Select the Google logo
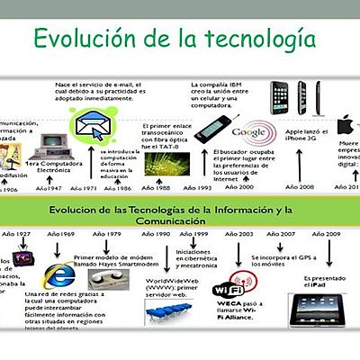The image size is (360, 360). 247,131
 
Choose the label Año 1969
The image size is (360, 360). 61,233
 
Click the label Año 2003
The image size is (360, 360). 241,233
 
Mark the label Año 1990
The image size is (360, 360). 157,233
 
